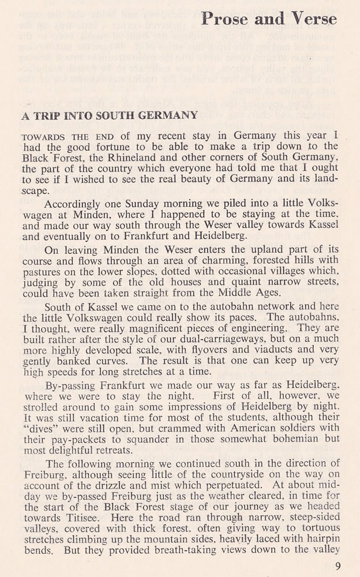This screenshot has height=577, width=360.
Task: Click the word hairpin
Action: tap(321, 538)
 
